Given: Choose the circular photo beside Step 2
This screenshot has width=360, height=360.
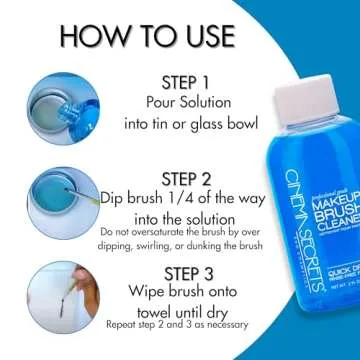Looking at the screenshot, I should point(63,195).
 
